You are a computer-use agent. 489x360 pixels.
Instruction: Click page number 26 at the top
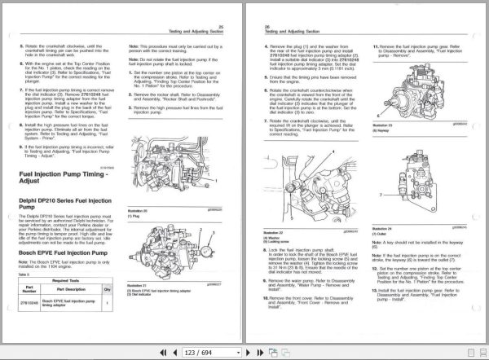tap(267, 25)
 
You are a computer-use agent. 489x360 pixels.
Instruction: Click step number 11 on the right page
tap(375, 46)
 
